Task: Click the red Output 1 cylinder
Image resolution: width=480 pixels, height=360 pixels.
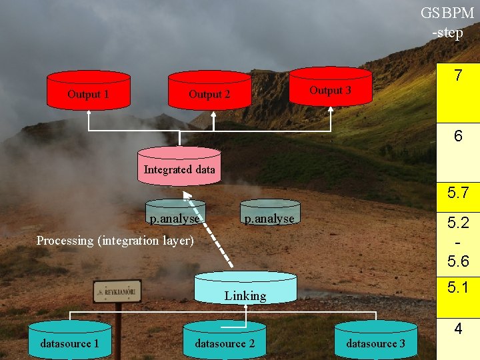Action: [x=89, y=90]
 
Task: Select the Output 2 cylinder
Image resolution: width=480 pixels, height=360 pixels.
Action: [x=210, y=90]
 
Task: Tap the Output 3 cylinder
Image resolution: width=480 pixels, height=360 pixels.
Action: [x=331, y=87]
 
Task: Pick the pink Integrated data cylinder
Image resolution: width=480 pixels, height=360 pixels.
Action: [x=179, y=166]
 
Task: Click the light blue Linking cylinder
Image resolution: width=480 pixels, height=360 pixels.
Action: [x=245, y=288]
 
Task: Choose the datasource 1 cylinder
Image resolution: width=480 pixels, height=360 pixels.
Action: [x=70, y=340]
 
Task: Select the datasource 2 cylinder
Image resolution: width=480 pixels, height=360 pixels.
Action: [x=225, y=341]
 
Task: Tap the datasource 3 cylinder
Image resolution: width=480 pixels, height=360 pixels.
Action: [x=376, y=340]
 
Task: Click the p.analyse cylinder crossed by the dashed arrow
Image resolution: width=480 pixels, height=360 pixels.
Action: [x=175, y=212]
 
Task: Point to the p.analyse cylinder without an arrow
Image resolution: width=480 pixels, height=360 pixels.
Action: [x=270, y=212]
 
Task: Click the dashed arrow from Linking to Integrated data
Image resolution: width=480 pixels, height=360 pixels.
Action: [x=207, y=229]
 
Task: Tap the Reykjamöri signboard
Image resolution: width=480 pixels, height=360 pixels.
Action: [x=117, y=291]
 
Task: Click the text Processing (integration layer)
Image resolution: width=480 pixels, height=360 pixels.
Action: [x=115, y=241]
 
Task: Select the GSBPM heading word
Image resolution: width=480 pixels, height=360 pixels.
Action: [x=447, y=13]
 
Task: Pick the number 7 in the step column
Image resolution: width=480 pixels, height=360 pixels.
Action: [x=458, y=75]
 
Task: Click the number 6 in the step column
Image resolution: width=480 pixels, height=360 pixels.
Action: [x=458, y=135]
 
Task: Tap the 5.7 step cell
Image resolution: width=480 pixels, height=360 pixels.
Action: [x=458, y=197]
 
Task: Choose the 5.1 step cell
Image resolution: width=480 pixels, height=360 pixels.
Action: [x=458, y=297]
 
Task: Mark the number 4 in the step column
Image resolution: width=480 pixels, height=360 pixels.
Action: [x=458, y=329]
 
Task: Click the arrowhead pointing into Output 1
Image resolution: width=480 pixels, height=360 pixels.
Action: [x=89, y=113]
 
